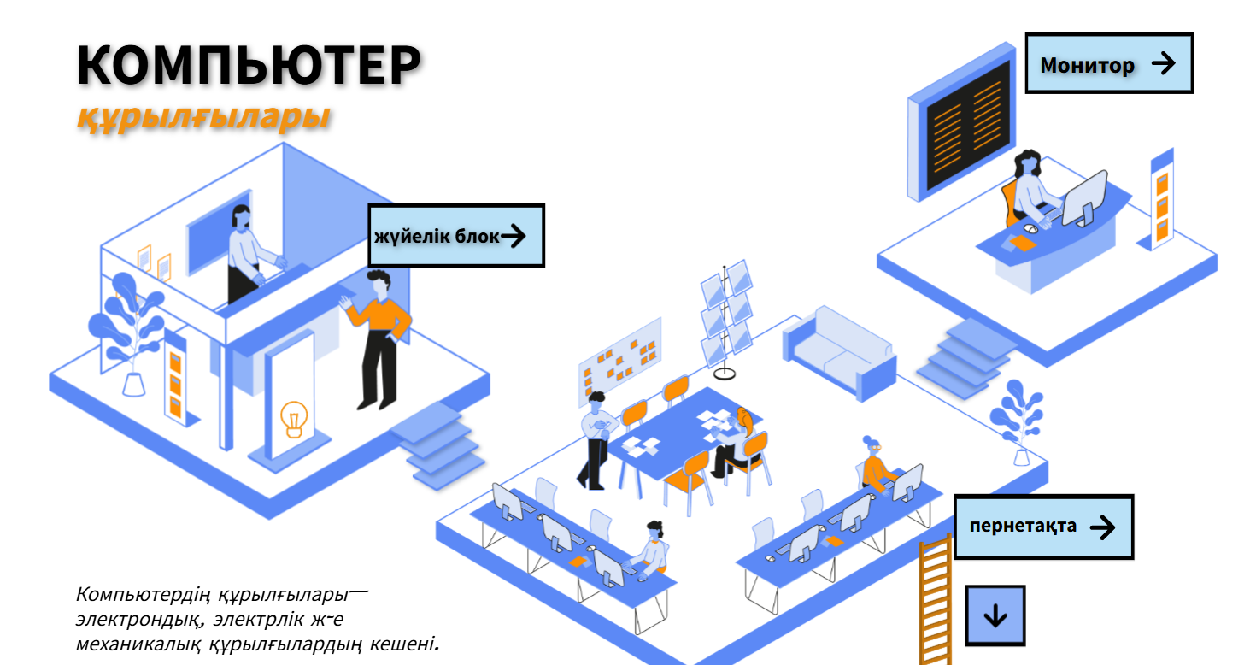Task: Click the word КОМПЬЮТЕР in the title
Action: click(x=248, y=65)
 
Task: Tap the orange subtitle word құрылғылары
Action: click(x=203, y=118)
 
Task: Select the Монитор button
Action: click(x=1108, y=63)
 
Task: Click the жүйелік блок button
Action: click(x=456, y=236)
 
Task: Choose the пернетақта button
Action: click(x=1042, y=527)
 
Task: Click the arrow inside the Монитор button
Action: click(x=1163, y=63)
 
